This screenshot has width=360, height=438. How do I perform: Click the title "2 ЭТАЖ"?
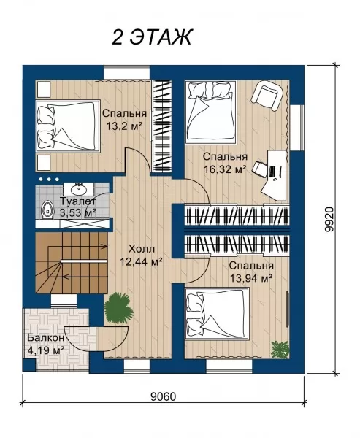tap(152, 37)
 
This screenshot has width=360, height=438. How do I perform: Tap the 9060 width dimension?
tap(164, 396)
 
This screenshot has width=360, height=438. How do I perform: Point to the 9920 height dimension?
tap(330, 219)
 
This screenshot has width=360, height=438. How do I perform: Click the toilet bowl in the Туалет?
tap(47, 210)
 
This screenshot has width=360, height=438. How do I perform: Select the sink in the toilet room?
tap(79, 189)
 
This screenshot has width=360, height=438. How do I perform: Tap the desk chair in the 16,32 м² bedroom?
tap(259, 170)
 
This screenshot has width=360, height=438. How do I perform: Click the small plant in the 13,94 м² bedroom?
tap(280, 349)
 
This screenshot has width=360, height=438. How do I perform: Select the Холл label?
tap(142, 248)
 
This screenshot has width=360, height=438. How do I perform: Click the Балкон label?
tap(46, 338)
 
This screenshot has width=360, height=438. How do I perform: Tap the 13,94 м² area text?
tap(251, 278)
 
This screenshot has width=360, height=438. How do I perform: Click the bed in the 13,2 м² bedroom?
tap(68, 126)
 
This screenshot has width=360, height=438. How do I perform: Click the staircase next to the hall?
tap(72, 263)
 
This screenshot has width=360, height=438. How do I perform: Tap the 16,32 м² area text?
tap(226, 169)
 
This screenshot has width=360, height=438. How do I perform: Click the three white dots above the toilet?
tap(49, 179)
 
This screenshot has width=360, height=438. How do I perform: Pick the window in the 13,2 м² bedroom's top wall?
tap(127, 72)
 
